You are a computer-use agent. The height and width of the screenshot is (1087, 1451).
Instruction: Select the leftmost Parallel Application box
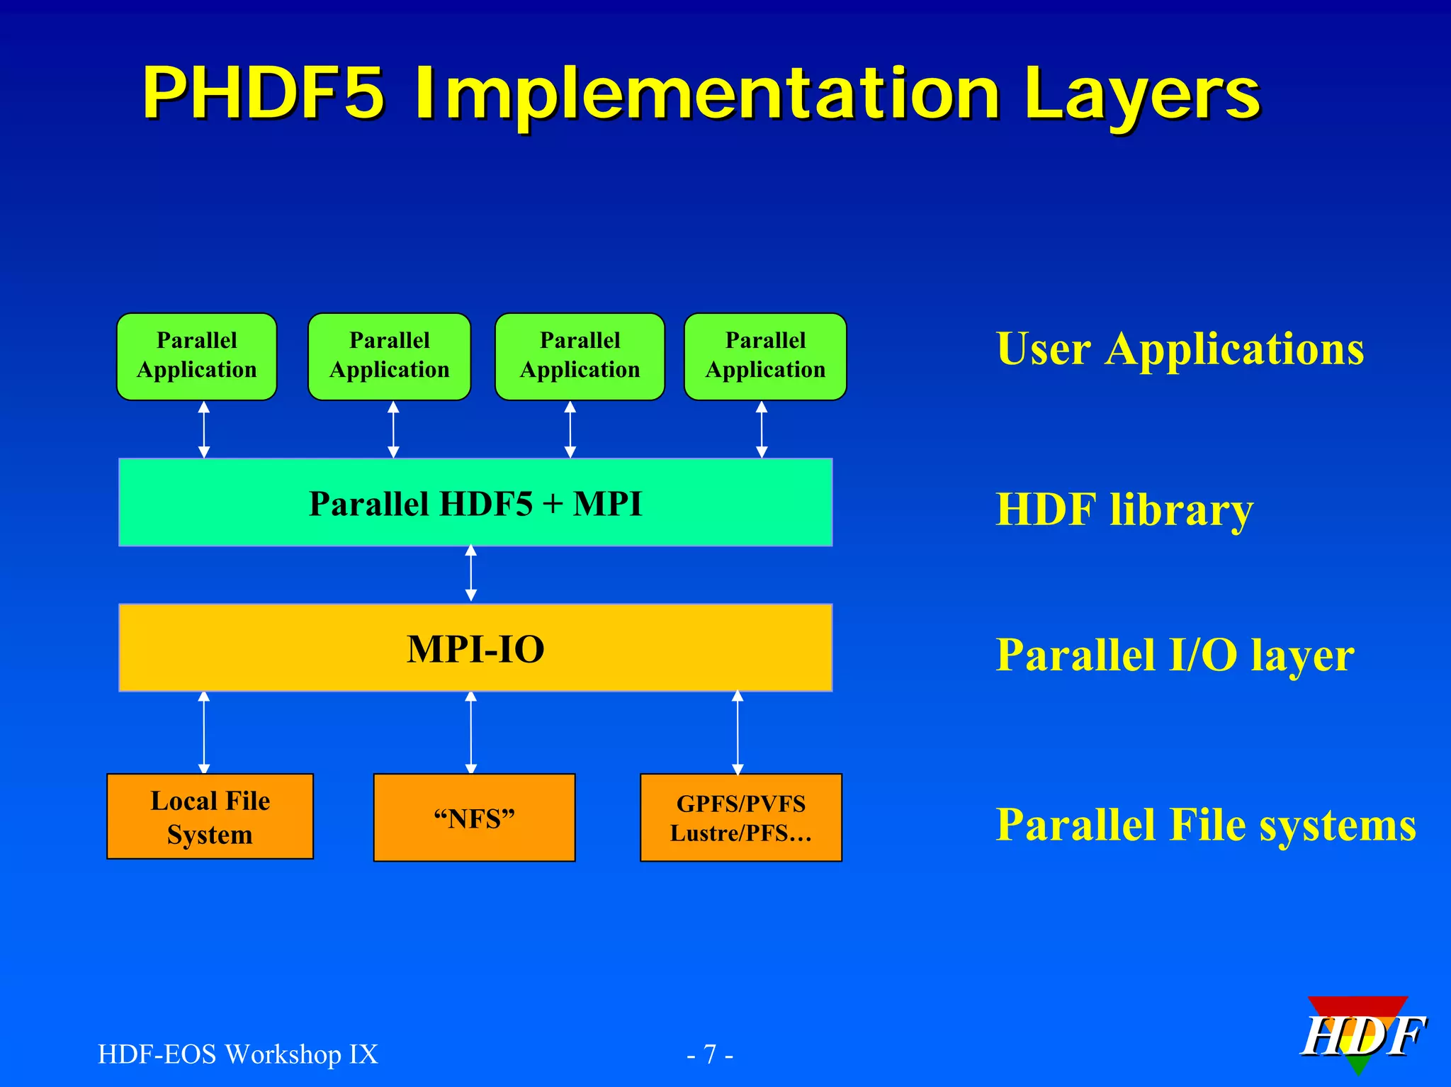[x=197, y=356]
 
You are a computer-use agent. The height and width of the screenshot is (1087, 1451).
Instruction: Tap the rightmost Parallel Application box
[x=765, y=356]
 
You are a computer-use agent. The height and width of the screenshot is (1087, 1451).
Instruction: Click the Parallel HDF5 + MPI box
[x=475, y=503]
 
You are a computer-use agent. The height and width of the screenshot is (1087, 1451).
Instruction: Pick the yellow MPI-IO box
[x=475, y=648]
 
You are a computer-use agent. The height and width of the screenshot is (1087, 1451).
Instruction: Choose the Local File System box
[x=210, y=817]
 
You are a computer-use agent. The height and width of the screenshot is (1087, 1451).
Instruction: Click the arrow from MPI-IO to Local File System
[x=204, y=733]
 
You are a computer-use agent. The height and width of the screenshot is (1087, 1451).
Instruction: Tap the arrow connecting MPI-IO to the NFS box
[x=471, y=733]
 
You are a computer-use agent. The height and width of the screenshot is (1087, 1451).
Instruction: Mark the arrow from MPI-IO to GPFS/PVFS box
[x=738, y=733]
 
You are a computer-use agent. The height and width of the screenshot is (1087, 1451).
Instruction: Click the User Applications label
[x=1180, y=349]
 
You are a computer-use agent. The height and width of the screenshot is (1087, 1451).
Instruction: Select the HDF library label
[x=1124, y=509]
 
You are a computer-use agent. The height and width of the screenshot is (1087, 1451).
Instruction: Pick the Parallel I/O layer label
[x=1175, y=655]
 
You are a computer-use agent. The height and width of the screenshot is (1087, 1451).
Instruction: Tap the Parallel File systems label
[x=1206, y=826]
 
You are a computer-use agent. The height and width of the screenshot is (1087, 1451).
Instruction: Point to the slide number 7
[x=710, y=1054]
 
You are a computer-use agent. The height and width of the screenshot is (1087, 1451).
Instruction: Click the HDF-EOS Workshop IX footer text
[x=238, y=1054]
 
